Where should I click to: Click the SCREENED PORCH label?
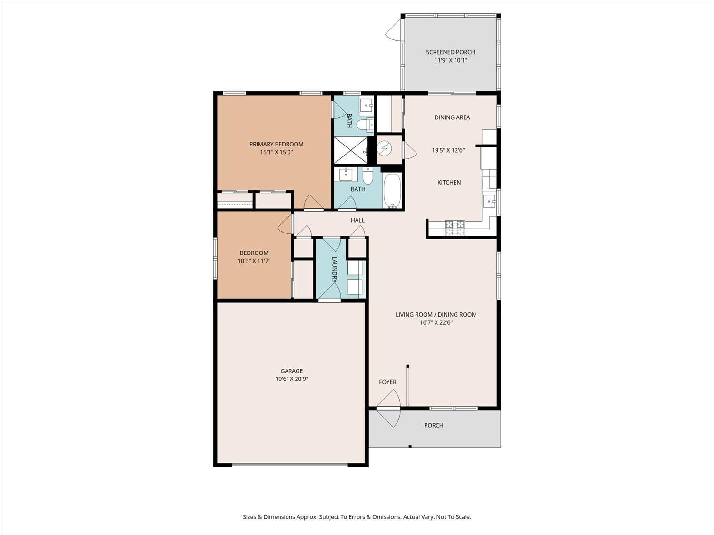coord(450,52)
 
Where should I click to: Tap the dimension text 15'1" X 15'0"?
coord(276,152)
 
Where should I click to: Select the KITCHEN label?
coord(449,182)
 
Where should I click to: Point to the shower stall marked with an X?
coord(350,150)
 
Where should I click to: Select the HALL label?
coord(357,220)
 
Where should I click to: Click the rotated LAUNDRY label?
coord(334,269)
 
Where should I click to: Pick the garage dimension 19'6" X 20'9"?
coord(291,379)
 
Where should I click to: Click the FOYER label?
coord(387,382)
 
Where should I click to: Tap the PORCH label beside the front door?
coord(434,425)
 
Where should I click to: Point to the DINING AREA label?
coord(452,117)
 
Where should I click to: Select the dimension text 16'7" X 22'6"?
coord(436,322)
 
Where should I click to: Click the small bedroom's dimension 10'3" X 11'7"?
coord(254,261)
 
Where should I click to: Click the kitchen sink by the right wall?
coord(489,202)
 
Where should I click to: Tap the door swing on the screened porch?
coord(393,30)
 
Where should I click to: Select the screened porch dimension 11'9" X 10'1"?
coord(450,60)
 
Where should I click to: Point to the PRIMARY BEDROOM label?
coord(276,144)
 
